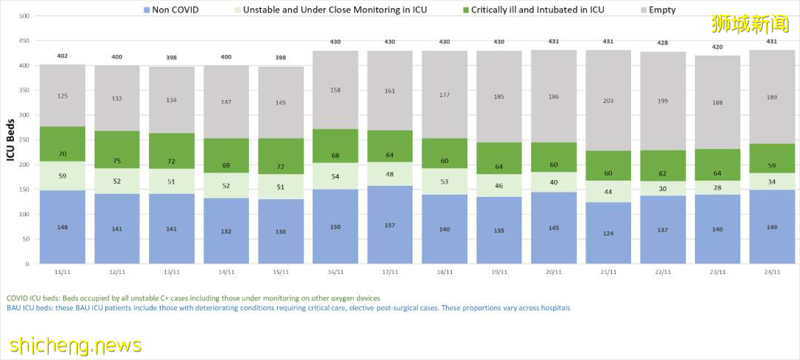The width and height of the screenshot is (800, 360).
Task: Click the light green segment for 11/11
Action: (x=62, y=176)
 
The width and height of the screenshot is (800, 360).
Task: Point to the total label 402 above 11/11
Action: (x=62, y=56)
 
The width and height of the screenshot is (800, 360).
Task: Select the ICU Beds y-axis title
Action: (x=10, y=140)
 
